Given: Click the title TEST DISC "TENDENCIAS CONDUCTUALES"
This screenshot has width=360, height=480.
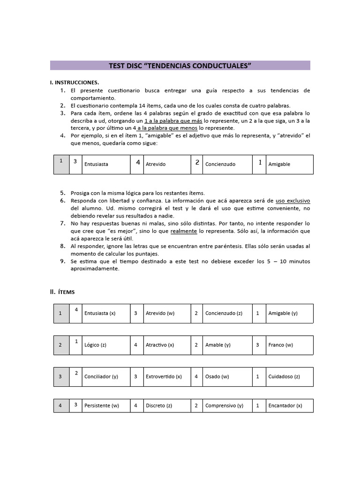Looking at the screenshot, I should (180, 66).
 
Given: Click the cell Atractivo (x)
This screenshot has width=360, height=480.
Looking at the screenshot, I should (159, 345).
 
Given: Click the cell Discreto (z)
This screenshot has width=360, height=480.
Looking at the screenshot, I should (159, 406).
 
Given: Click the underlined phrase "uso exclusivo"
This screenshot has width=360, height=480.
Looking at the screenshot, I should (292, 200).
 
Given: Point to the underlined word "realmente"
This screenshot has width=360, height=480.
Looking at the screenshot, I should (184, 231).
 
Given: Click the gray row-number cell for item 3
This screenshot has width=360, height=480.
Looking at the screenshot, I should (60, 376).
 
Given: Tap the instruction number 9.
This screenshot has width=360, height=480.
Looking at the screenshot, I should (62, 261).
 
